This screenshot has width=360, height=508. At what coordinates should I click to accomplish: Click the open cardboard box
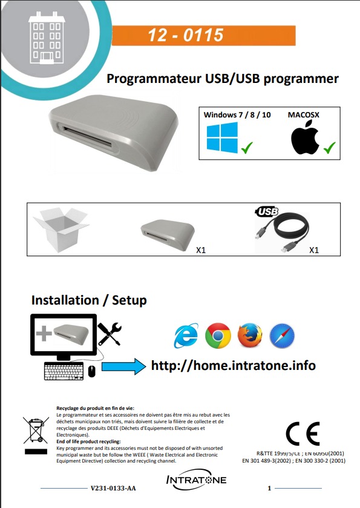pos(61,228)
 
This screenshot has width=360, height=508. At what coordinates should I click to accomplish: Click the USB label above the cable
pos(267,212)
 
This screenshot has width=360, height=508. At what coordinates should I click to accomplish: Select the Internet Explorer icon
pos(186,336)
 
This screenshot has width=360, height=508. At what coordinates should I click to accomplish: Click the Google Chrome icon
pos(218,336)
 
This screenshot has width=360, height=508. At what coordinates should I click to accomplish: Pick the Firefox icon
pos(250,336)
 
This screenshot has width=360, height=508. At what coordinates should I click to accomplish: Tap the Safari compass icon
pos(281,336)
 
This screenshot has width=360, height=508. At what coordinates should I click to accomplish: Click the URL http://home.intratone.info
pos(233,366)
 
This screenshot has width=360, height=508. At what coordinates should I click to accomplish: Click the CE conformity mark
pos(303,434)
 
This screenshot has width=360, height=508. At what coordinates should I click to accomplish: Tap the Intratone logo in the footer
pos(196,480)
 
